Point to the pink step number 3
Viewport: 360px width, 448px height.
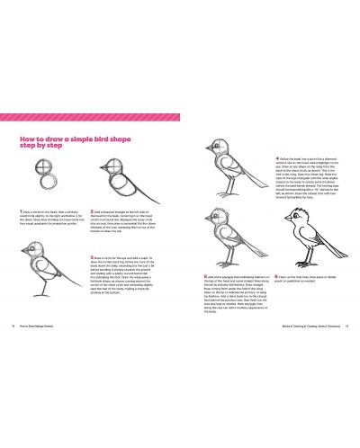pos(93,255)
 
